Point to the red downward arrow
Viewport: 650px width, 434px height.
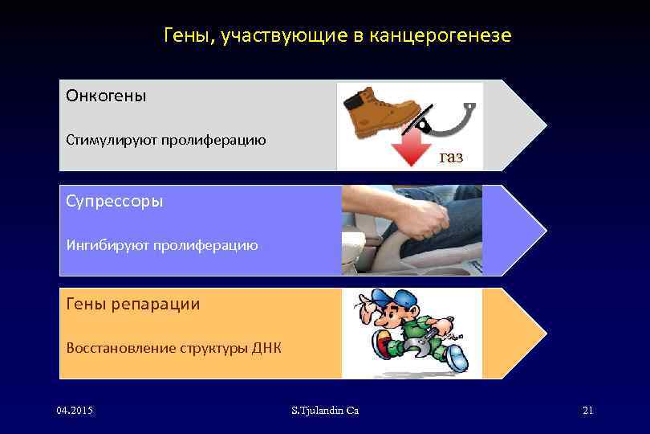coord(412,149)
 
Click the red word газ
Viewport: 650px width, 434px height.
coord(451,157)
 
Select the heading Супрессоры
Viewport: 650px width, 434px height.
coord(114,201)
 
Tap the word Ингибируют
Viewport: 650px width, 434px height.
coord(108,244)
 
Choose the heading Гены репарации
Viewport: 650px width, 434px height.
coord(132,304)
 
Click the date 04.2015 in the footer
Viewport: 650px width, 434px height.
coord(75,411)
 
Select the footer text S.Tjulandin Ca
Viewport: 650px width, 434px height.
coord(325,411)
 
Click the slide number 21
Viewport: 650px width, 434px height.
coord(587,411)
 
